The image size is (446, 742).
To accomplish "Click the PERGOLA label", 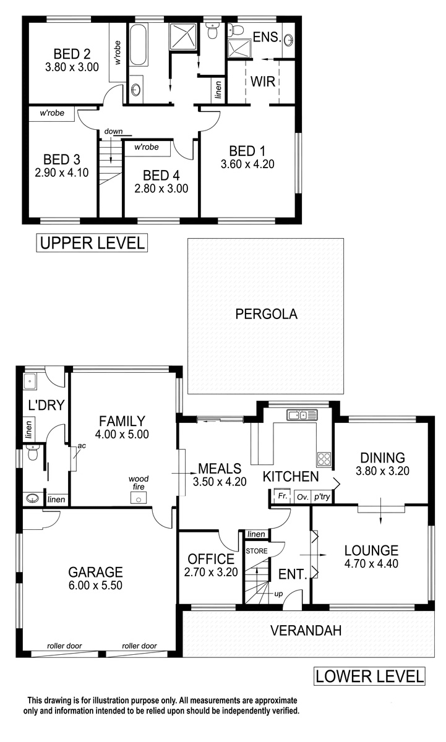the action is [x=266, y=314].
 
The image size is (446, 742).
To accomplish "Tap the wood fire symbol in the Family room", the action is [x=139, y=498].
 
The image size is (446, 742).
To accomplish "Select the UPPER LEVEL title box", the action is [x=92, y=243].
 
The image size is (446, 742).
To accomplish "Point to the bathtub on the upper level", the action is [x=138, y=45].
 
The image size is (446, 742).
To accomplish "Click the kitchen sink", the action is [x=302, y=415].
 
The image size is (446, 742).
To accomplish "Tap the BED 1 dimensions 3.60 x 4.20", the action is [x=247, y=164].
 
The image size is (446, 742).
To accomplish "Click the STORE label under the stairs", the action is [x=257, y=551].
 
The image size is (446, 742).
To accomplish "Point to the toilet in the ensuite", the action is [x=235, y=30].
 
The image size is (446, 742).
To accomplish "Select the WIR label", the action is [x=263, y=82].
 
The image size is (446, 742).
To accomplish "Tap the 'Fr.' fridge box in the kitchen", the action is [x=282, y=496].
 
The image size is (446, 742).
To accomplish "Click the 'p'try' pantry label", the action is [x=322, y=497].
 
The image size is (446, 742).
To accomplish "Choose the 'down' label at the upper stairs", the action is [x=113, y=132].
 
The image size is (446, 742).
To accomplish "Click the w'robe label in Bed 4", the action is [x=147, y=147].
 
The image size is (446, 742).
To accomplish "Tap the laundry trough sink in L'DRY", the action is [x=30, y=382].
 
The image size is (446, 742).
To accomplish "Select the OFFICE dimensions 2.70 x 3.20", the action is [x=211, y=572].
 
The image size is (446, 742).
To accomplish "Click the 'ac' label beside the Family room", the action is [x=82, y=446].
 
